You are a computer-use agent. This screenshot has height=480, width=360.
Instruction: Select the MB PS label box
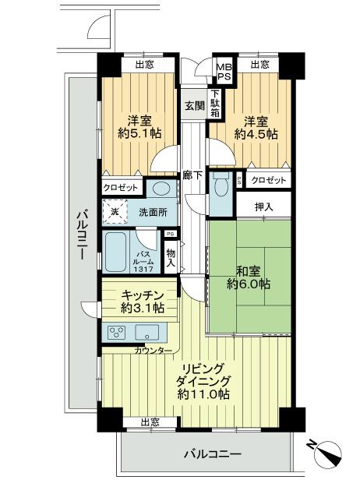pyautogui.click(x=223, y=72)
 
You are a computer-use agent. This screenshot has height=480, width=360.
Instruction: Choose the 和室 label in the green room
pyautogui.click(x=248, y=270)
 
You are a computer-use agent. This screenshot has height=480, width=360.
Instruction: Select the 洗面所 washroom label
pyautogui.click(x=153, y=212)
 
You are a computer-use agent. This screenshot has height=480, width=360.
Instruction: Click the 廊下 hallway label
pyautogui.click(x=192, y=175)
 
